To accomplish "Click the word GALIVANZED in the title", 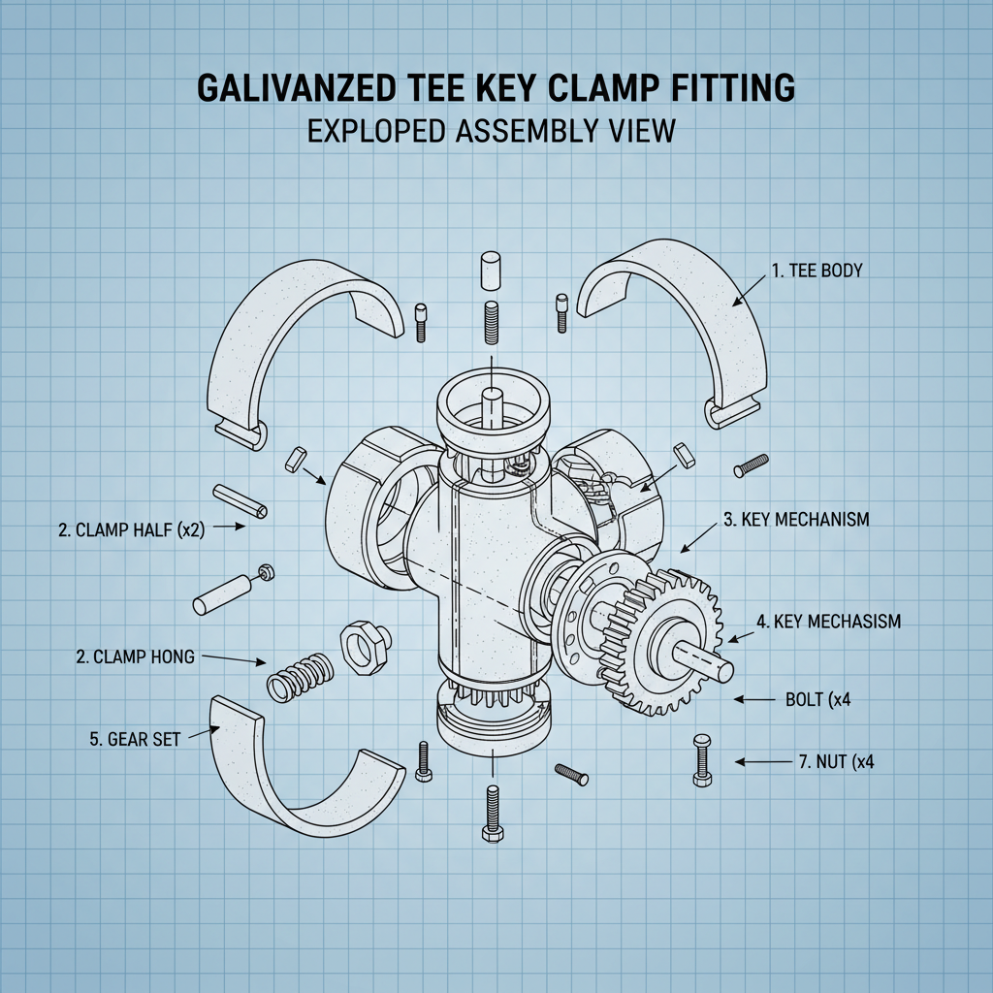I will [x=300, y=88].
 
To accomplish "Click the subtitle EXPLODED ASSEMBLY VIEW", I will [x=491, y=131].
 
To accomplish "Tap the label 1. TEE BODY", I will [x=817, y=272].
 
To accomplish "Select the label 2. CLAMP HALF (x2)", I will [x=131, y=529].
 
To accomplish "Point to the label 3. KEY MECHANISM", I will [x=796, y=520].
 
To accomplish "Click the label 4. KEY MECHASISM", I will [x=828, y=622].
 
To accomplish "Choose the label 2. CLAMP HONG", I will [x=135, y=657].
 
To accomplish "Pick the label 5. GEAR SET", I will [x=135, y=738].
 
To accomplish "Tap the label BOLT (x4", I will [x=817, y=699].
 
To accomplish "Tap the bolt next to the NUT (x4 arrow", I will [x=702, y=759].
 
